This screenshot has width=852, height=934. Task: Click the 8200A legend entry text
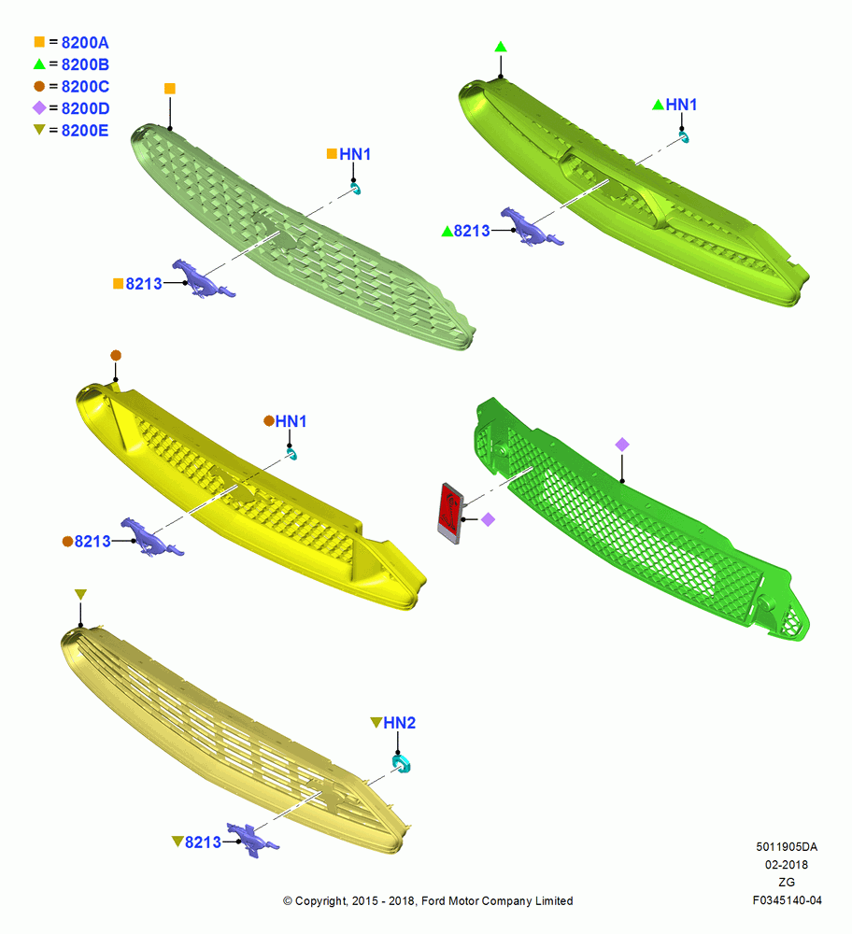click(85, 43)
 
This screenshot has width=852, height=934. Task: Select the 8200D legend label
click(85, 108)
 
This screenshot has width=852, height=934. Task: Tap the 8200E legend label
click(85, 131)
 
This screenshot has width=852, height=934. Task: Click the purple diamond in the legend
click(39, 107)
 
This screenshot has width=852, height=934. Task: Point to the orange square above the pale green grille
click(170, 89)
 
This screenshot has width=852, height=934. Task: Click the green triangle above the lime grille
click(501, 47)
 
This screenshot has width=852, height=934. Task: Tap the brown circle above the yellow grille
click(116, 356)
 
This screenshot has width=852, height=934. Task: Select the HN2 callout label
click(399, 723)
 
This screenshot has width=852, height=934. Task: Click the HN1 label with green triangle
click(681, 105)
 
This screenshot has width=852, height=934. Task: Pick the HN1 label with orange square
click(355, 154)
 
